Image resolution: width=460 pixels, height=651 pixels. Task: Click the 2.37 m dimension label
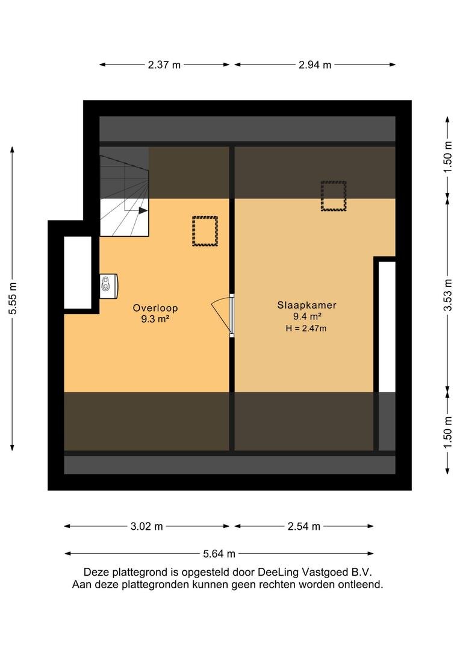(x=164, y=64)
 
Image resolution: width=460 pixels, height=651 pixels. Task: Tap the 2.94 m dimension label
(x=315, y=64)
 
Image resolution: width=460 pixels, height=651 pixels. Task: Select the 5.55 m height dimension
(x=13, y=298)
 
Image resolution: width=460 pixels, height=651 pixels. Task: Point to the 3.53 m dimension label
(x=447, y=295)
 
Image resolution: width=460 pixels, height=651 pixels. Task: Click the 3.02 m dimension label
(x=147, y=526)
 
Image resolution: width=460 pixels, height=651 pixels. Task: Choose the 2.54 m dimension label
(x=304, y=526)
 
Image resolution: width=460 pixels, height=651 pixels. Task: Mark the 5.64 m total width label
(x=219, y=553)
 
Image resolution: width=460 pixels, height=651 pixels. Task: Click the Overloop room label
(x=155, y=308)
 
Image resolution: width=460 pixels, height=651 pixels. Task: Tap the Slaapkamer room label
(x=306, y=305)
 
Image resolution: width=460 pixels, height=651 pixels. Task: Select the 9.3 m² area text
(x=156, y=319)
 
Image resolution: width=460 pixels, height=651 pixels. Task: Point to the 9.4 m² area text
(x=308, y=316)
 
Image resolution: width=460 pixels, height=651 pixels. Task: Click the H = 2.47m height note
(x=306, y=329)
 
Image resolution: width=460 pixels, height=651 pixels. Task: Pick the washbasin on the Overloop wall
(x=108, y=286)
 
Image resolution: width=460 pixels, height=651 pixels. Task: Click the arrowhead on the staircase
(x=143, y=210)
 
